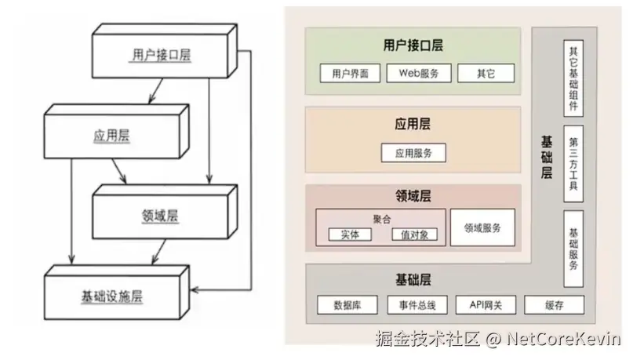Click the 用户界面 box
tap(349, 74)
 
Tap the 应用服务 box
tap(413, 152)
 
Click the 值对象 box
tap(414, 235)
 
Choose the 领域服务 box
tap(482, 228)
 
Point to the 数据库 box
tap(347, 305)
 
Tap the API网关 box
tap(480, 305)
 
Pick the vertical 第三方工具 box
tap(573, 158)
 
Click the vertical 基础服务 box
tap(573, 249)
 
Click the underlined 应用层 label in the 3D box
tap(114, 135)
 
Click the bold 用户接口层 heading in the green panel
tap(413, 45)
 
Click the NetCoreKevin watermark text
tap(564, 339)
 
